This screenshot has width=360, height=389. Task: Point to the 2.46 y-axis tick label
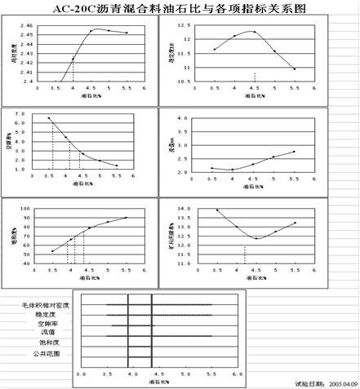(28, 26)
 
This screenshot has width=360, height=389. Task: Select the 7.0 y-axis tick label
(21, 114)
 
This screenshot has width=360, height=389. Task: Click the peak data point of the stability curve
(254, 32)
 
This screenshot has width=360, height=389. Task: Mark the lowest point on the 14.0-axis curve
(256, 238)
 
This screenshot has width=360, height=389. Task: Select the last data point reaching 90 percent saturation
(126, 218)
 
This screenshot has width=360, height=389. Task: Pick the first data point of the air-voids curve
(49, 118)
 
